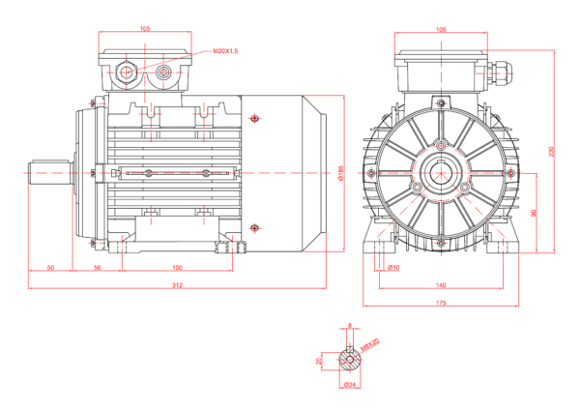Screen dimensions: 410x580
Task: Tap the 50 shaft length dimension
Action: click(49, 267)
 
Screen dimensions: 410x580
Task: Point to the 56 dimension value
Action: click(98, 267)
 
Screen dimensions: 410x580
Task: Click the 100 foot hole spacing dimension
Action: click(178, 267)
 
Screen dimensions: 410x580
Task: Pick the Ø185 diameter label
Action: click(341, 172)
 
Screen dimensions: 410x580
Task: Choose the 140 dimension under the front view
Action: click(442, 285)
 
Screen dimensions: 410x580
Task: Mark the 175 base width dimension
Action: click(442, 304)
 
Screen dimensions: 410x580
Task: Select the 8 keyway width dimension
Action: click(349, 326)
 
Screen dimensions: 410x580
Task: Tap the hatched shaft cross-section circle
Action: click(349, 360)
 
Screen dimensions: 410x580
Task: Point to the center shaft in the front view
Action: click(442, 173)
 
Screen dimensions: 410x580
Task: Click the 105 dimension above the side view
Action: click(145, 29)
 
